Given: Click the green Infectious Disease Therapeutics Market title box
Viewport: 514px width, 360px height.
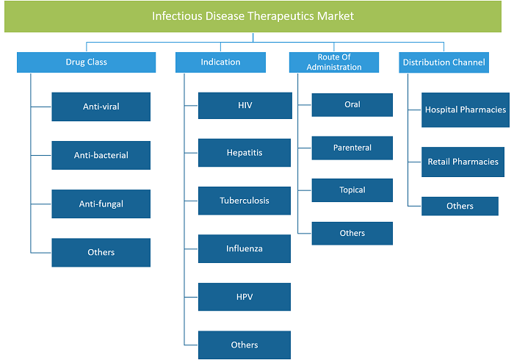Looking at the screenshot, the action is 253,16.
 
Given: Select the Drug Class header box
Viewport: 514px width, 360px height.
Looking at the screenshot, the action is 86,62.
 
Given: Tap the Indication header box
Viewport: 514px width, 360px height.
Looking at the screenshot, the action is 220,62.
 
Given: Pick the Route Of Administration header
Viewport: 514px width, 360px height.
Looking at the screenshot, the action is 334,62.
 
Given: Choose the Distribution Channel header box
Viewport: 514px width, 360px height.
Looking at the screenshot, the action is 444,62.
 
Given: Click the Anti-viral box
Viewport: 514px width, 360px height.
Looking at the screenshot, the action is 101,107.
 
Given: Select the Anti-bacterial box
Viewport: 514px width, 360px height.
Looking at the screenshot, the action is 101,156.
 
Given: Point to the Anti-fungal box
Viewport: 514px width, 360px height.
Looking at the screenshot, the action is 101,204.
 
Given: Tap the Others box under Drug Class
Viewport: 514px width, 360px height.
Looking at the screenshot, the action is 101,253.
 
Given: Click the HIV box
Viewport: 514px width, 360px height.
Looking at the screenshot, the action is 245,106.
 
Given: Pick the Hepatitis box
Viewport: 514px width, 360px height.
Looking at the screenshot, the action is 245,153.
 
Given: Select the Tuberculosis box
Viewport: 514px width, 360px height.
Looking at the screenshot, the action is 245,201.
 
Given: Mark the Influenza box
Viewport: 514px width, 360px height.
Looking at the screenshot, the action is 245,248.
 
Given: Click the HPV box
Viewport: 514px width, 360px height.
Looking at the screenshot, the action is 245,297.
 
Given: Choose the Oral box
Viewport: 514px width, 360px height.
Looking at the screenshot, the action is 352,105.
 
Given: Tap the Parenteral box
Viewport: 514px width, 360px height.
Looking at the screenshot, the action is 352,148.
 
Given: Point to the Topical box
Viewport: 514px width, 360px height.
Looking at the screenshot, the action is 352,190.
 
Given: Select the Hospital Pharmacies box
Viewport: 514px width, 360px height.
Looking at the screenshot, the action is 466,109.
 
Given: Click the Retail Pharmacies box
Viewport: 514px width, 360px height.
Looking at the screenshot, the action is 463,162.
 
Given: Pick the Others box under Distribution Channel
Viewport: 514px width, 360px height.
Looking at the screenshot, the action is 460,206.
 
